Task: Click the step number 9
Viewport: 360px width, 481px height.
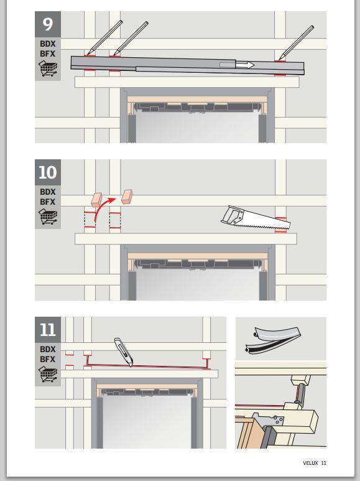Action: coord(47,24)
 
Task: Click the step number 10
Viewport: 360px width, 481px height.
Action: coord(47,172)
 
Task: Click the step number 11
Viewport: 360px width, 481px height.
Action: coord(47,330)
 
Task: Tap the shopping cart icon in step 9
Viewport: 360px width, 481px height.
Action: coord(48,68)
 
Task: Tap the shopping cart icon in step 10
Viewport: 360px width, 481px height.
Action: coord(48,217)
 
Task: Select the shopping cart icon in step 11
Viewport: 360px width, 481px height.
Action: coord(48,374)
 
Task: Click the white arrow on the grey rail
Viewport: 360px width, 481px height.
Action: coord(245,65)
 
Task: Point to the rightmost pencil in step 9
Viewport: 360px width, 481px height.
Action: coord(296,43)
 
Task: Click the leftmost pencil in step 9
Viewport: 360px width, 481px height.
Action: coord(104,37)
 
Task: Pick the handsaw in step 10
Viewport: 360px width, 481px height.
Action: coord(256,218)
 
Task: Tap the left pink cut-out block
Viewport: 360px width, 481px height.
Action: coord(96,199)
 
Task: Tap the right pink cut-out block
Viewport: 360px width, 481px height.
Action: coord(127,197)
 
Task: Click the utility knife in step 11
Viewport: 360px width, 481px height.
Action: coord(124,352)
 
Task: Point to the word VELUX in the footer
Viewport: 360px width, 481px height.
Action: coord(310,463)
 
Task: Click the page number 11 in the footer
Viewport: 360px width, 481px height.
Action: coord(324,463)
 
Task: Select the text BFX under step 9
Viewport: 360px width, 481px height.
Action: coord(47,54)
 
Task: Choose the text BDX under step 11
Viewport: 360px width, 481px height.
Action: coord(47,349)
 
